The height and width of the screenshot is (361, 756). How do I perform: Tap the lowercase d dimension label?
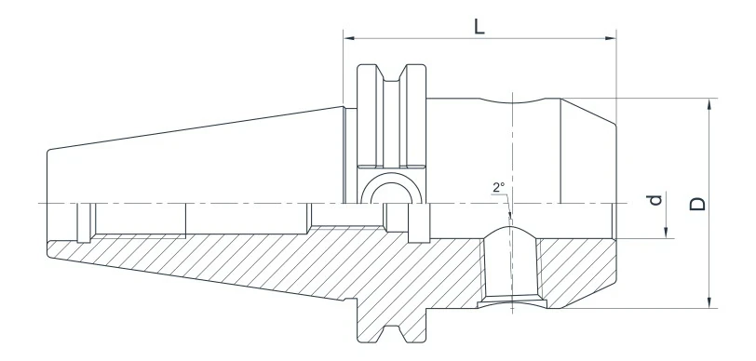tap(657, 200)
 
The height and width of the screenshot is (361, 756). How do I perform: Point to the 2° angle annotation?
tap(499, 187)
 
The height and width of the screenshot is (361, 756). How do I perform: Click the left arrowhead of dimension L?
tap(349, 38)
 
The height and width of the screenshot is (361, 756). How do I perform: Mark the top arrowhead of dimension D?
tap(709, 103)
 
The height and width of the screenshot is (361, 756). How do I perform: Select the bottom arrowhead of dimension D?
tap(709, 302)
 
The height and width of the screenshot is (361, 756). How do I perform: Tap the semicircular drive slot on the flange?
tap(387, 191)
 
